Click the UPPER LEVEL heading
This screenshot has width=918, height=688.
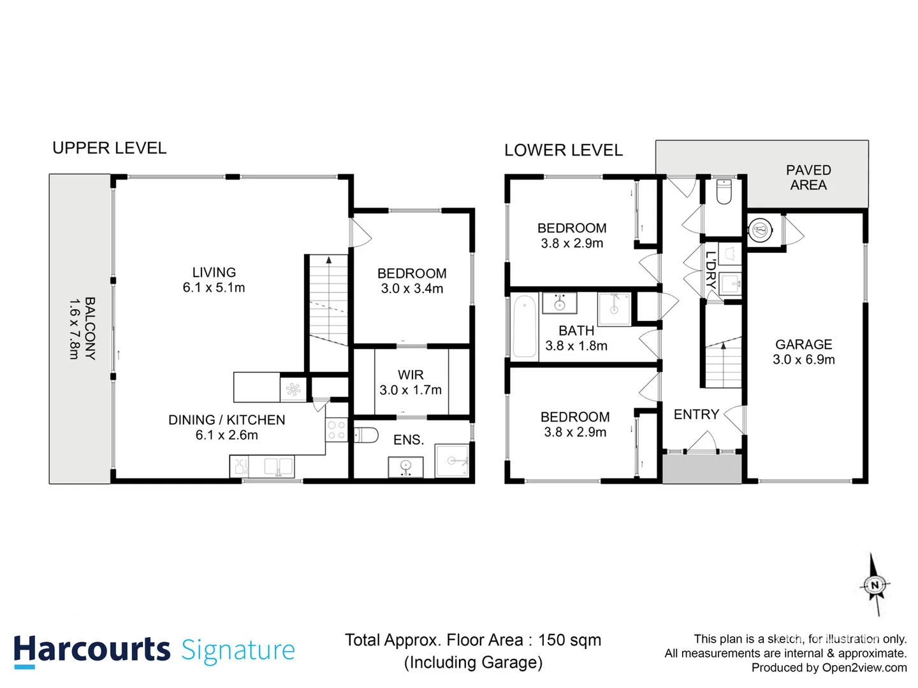pyautogui.click(x=109, y=148)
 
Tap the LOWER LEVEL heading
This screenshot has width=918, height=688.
pyautogui.click(x=563, y=150)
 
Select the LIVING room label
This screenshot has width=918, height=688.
pyautogui.click(x=214, y=273)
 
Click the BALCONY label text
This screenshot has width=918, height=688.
pyautogui.click(x=89, y=329)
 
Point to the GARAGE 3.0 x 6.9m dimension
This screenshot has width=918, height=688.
pyautogui.click(x=803, y=360)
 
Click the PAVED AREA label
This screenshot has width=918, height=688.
pyautogui.click(x=808, y=178)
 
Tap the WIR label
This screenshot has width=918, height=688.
pyautogui.click(x=411, y=375)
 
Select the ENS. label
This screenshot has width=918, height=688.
pyautogui.click(x=409, y=440)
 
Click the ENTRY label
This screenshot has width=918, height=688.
pyautogui.click(x=696, y=415)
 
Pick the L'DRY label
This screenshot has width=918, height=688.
pyautogui.click(x=710, y=274)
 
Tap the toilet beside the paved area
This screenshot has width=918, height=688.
pyautogui.click(x=724, y=191)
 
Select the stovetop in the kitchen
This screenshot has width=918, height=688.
pyautogui.click(x=336, y=430)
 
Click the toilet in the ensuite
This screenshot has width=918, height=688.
pyautogui.click(x=366, y=436)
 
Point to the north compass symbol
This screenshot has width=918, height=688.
pyautogui.click(x=875, y=585)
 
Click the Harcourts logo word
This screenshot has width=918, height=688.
pyautogui.click(x=92, y=650)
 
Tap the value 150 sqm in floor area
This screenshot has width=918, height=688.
pyautogui.click(x=569, y=640)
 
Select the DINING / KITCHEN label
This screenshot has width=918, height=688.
pyautogui.click(x=226, y=420)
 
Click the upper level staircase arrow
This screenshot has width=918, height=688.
pyautogui.click(x=329, y=260)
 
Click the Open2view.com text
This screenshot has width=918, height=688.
pyautogui.click(x=864, y=668)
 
